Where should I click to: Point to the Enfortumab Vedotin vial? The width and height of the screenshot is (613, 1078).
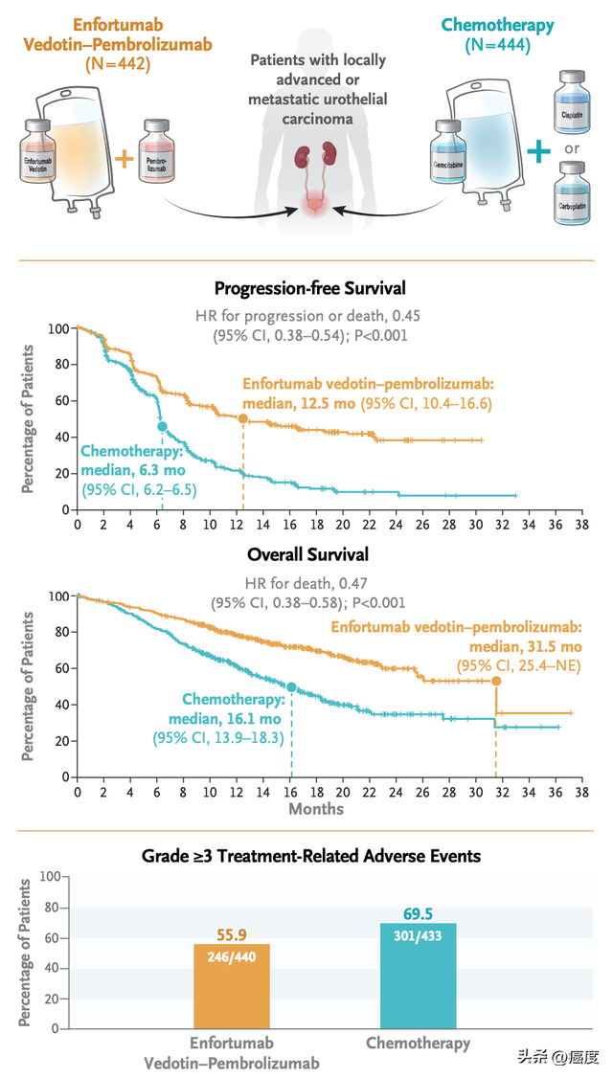pos(39,158)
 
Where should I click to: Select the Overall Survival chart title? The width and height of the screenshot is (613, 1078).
pos(307,554)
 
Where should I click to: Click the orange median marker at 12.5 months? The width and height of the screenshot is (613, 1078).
pos(242,419)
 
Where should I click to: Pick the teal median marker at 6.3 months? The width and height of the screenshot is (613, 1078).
pos(162,426)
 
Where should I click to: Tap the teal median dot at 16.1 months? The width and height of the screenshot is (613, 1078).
pos(291,687)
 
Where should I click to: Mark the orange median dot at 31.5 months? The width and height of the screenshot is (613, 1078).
pos(496,681)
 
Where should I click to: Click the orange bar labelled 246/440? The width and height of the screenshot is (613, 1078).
pos(232,986)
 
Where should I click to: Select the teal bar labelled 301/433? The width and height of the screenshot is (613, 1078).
pos(419,976)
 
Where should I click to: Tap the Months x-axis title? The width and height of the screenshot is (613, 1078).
pos(316,808)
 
